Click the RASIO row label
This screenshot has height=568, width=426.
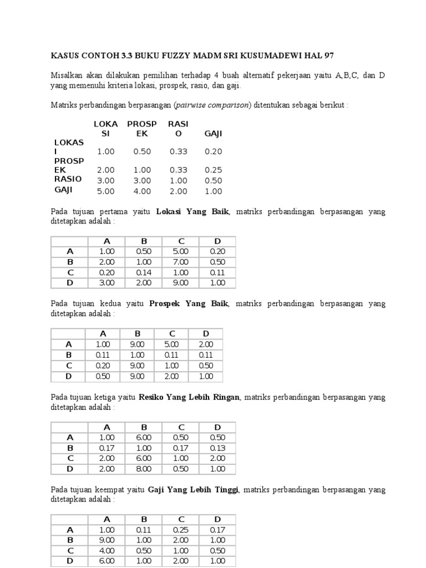coord(68,179)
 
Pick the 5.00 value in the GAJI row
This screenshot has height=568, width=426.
coord(105,191)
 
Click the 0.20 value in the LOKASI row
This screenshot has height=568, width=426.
coord(213,151)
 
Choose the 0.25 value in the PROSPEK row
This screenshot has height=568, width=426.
coord(213,170)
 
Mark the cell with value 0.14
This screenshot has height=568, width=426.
coord(143,272)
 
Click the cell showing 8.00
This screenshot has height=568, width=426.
coord(143,469)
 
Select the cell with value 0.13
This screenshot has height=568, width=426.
coord(217,448)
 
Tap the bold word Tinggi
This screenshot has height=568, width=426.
coord(225,490)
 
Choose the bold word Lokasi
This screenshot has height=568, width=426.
coord(170,211)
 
